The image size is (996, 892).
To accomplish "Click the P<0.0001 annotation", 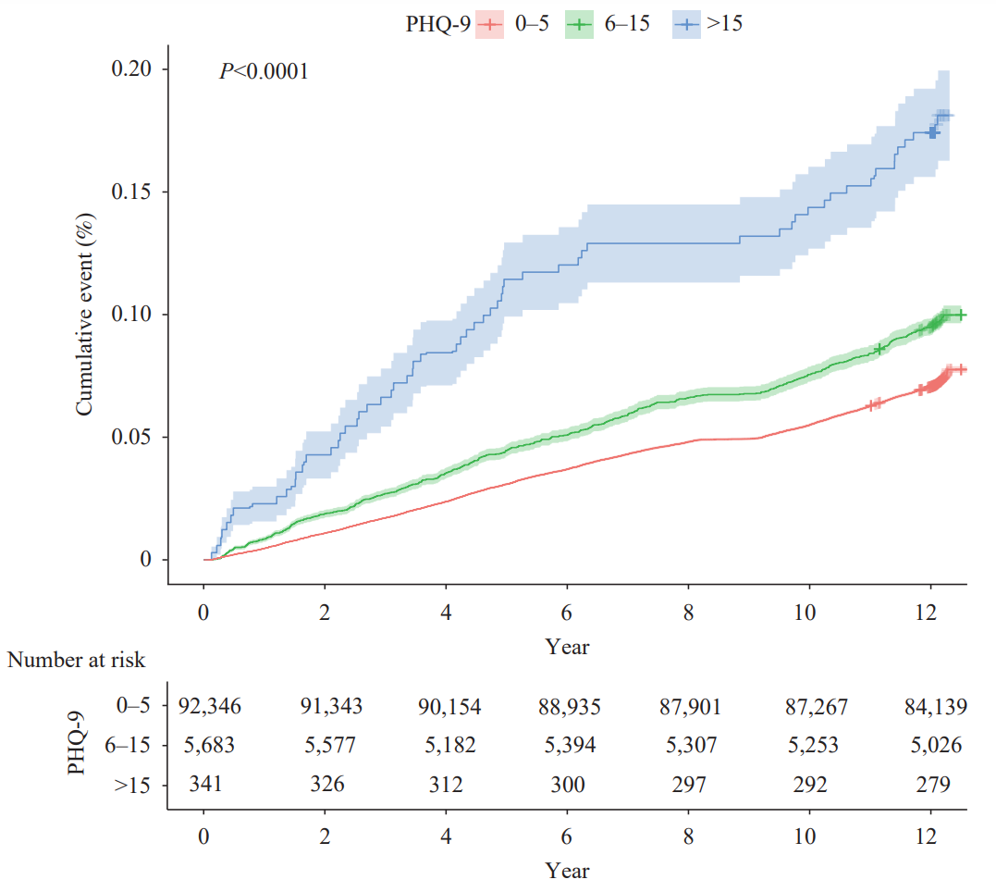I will (x=264, y=70).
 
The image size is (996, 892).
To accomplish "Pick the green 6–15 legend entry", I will (x=607, y=25).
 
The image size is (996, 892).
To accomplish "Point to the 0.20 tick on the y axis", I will (x=139, y=69).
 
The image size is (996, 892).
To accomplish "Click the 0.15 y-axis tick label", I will (x=139, y=192).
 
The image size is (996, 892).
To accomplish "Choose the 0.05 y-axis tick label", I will (x=139, y=437).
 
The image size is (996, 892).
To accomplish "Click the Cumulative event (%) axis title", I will (x=84, y=315).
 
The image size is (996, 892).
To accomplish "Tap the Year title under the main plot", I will (x=567, y=647).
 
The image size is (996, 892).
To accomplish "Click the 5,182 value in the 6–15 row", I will (x=446, y=746).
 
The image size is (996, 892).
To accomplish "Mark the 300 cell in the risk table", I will (x=567, y=785).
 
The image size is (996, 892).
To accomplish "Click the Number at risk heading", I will (x=77, y=660).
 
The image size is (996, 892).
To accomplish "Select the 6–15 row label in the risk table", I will (x=136, y=746).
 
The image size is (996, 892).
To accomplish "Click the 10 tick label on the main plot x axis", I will (x=809, y=613).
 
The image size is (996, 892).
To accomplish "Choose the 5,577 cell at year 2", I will (x=325, y=746).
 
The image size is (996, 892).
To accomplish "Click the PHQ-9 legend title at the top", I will (x=437, y=25).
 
